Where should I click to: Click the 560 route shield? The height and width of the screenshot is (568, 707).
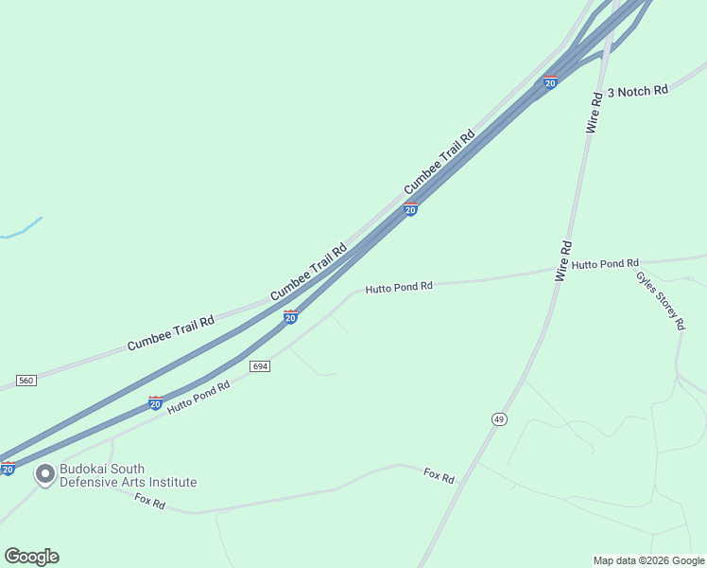point(26,381)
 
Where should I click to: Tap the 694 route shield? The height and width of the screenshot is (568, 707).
point(260,365)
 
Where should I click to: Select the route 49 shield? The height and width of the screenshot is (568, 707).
point(499,418)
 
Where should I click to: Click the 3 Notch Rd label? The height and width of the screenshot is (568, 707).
point(637,91)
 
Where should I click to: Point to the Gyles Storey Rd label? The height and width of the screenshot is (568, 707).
point(660,301)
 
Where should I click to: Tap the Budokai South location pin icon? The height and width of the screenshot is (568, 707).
point(44,474)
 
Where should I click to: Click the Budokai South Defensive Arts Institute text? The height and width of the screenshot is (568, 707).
point(129,475)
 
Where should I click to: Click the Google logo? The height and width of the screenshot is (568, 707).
point(31,557)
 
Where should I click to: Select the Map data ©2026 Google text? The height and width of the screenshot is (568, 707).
point(648,560)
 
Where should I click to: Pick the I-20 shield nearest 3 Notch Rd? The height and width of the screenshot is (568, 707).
point(550,81)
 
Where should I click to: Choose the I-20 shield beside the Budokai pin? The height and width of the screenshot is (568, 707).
point(8,468)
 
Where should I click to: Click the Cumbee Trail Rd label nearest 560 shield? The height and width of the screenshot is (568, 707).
point(171,333)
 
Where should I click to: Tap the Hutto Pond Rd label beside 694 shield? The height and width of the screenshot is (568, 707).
point(198,398)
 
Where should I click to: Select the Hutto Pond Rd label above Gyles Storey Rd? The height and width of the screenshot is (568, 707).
point(605,263)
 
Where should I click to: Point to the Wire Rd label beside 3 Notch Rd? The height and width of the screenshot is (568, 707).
point(595,112)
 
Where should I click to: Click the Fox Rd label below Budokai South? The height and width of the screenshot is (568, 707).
point(149,502)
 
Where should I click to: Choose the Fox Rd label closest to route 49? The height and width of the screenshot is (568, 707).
point(439,475)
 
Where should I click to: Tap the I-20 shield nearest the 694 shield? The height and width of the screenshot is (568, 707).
point(290,316)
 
